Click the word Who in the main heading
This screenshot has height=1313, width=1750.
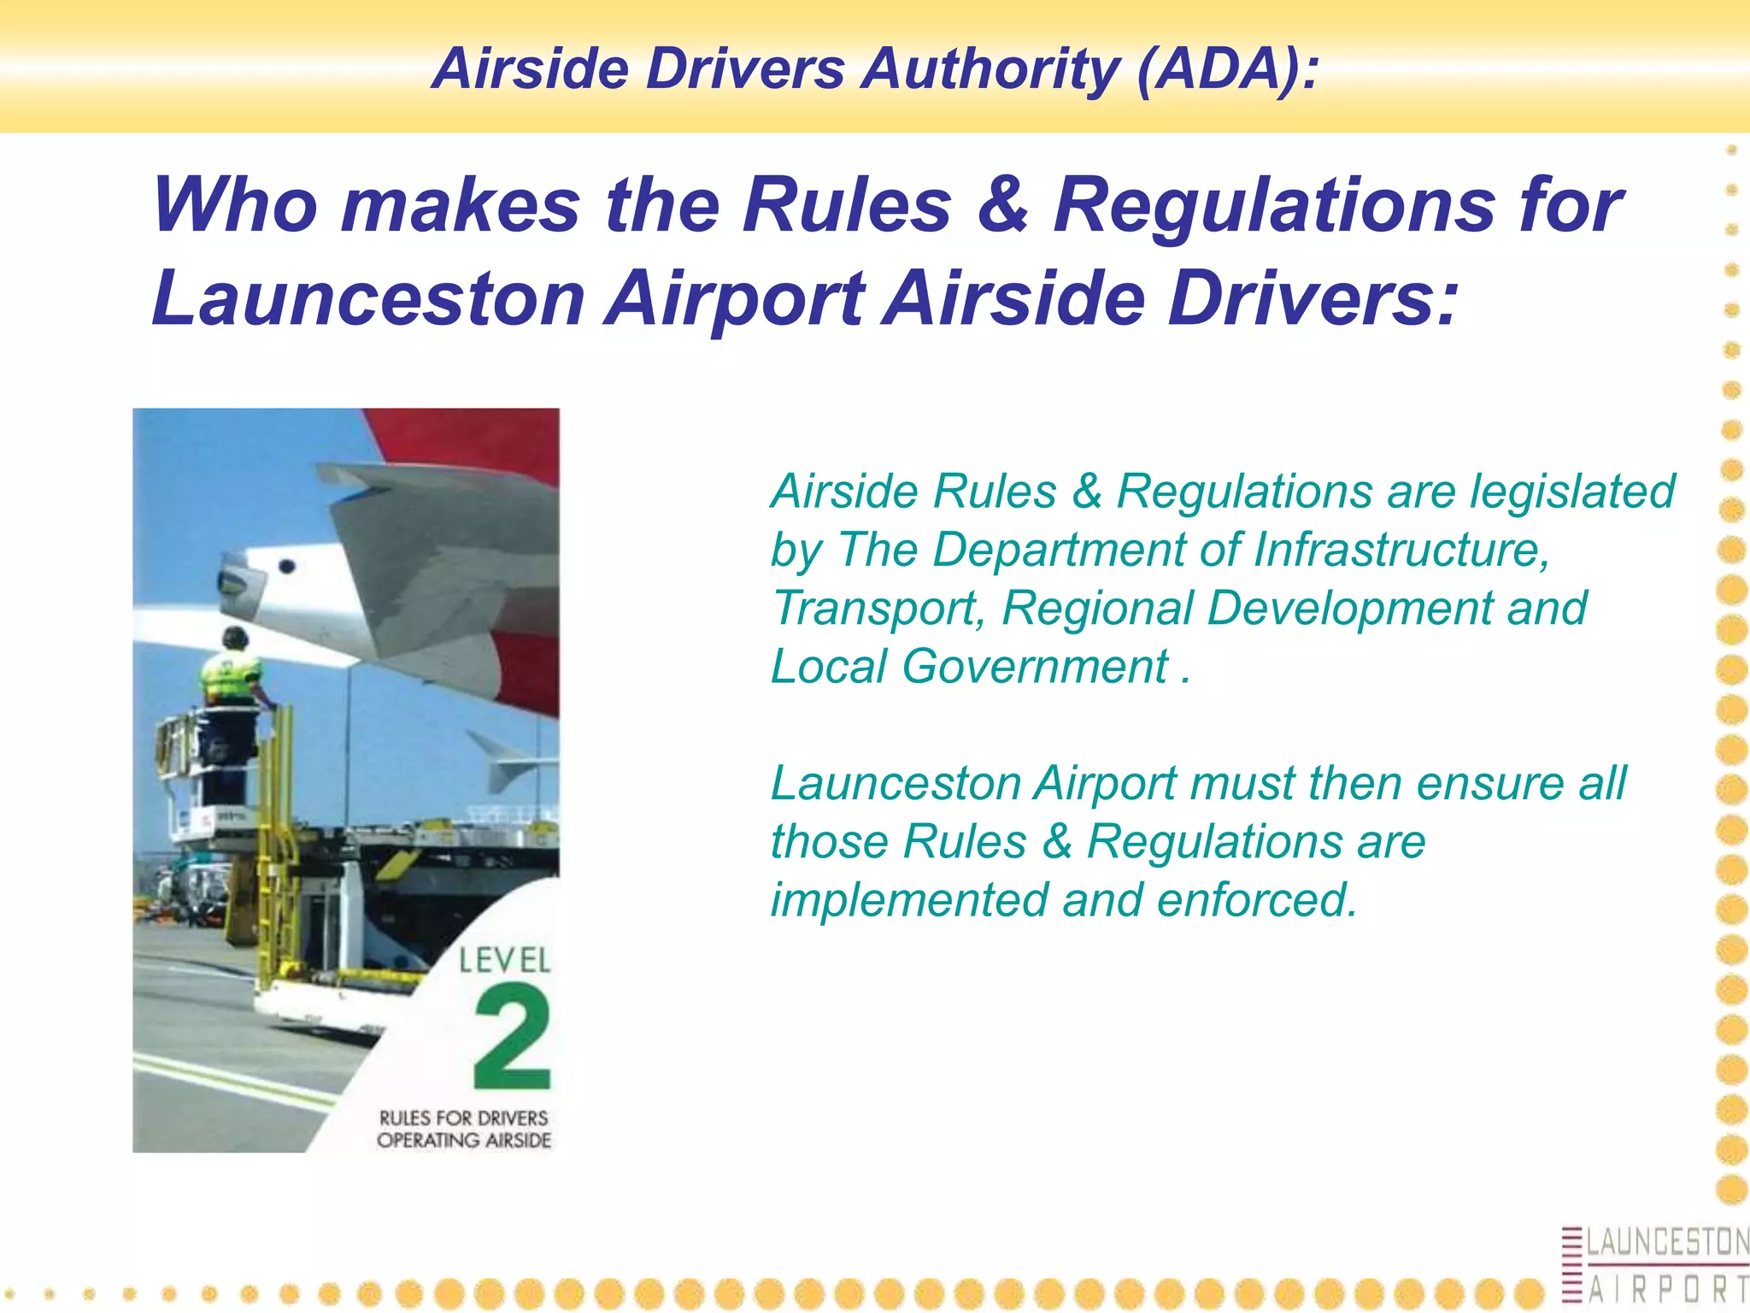(x=235, y=205)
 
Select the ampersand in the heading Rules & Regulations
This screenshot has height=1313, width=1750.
(x=1002, y=205)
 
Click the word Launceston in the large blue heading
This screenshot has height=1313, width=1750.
(x=367, y=298)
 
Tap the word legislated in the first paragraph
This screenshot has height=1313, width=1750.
(x=1571, y=492)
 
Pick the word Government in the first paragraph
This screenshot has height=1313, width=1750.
(x=1034, y=666)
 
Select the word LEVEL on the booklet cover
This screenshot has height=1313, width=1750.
(x=504, y=961)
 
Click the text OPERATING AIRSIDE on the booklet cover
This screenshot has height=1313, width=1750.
(x=464, y=1140)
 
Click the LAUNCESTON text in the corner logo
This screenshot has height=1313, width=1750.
(x=1666, y=1242)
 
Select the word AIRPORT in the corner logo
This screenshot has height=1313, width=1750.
(x=1666, y=1289)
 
